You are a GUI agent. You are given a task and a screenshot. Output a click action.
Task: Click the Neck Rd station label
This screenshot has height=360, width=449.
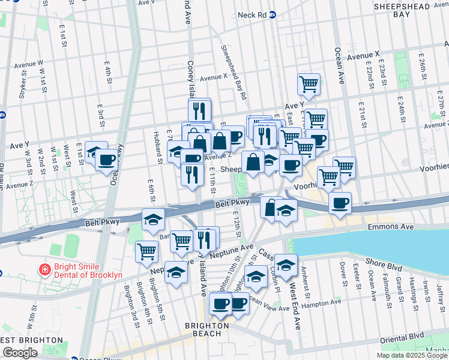(252, 15)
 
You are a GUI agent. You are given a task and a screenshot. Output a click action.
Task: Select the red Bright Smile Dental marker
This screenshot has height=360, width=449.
(44, 270)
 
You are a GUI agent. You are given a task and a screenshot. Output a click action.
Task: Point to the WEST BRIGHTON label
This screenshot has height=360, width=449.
(31, 340)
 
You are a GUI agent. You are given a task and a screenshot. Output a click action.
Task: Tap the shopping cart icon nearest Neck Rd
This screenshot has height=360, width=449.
(309, 83)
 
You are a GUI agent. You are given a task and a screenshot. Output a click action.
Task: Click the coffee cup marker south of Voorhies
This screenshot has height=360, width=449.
(340, 202)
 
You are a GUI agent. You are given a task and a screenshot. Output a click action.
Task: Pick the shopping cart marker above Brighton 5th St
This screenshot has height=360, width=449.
(146, 251)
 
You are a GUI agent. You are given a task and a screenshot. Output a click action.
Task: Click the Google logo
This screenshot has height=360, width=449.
(20, 353)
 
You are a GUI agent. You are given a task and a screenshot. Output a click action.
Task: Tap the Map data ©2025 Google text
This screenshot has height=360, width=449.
(411, 355)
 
